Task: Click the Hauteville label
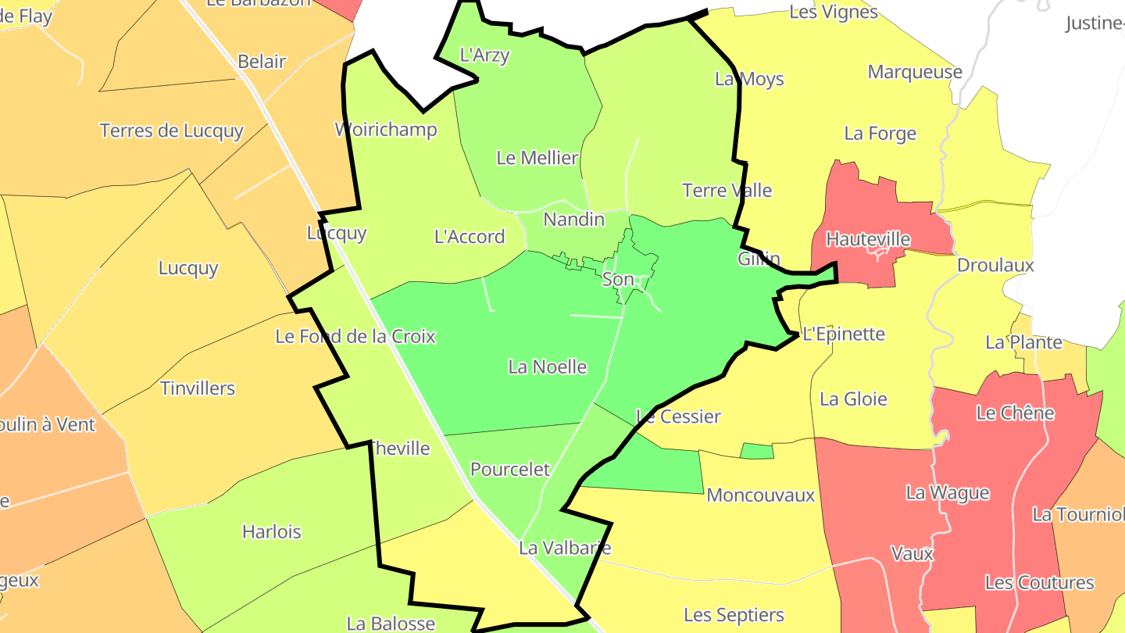pyautogui.click(x=868, y=239)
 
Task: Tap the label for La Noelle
pyautogui.click(x=547, y=367)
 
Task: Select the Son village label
pyautogui.click(x=618, y=279)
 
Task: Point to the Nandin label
pyautogui.click(x=574, y=220)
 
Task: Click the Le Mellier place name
pyautogui.click(x=537, y=158)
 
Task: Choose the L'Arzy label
pyautogui.click(x=484, y=55)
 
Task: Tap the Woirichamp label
pyautogui.click(x=386, y=130)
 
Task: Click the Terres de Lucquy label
pyautogui.click(x=172, y=131)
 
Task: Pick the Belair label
pyautogui.click(x=262, y=62)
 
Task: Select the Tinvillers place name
pyautogui.click(x=198, y=388)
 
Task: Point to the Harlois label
pyautogui.click(x=271, y=532)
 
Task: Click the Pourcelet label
pyautogui.click(x=510, y=470)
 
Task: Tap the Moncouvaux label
pyautogui.click(x=760, y=495)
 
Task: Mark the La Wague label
pyautogui.click(x=948, y=493)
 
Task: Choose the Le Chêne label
pyautogui.click(x=1015, y=413)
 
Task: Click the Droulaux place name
pyautogui.click(x=995, y=266)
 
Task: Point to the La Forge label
pyautogui.click(x=880, y=134)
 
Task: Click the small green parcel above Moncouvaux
pyautogui.click(x=756, y=451)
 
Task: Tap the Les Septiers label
pyautogui.click(x=734, y=616)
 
